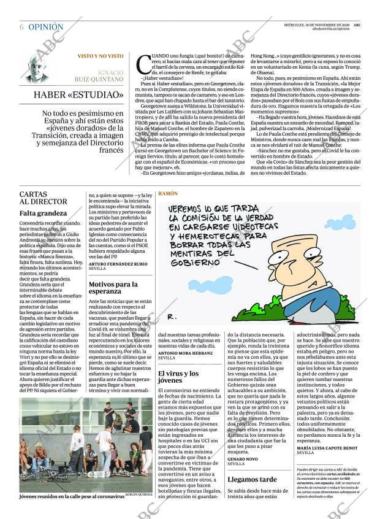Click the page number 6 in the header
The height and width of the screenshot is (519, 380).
[21, 27]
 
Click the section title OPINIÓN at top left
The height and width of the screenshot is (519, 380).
[45, 27]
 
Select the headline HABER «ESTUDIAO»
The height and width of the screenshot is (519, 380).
[70, 94]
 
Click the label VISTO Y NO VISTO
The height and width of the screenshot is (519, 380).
[100, 56]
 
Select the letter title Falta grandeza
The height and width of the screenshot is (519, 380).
[42, 213]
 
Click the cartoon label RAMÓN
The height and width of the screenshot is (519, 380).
[168, 193]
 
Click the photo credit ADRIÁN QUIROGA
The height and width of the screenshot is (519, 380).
[139, 493]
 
